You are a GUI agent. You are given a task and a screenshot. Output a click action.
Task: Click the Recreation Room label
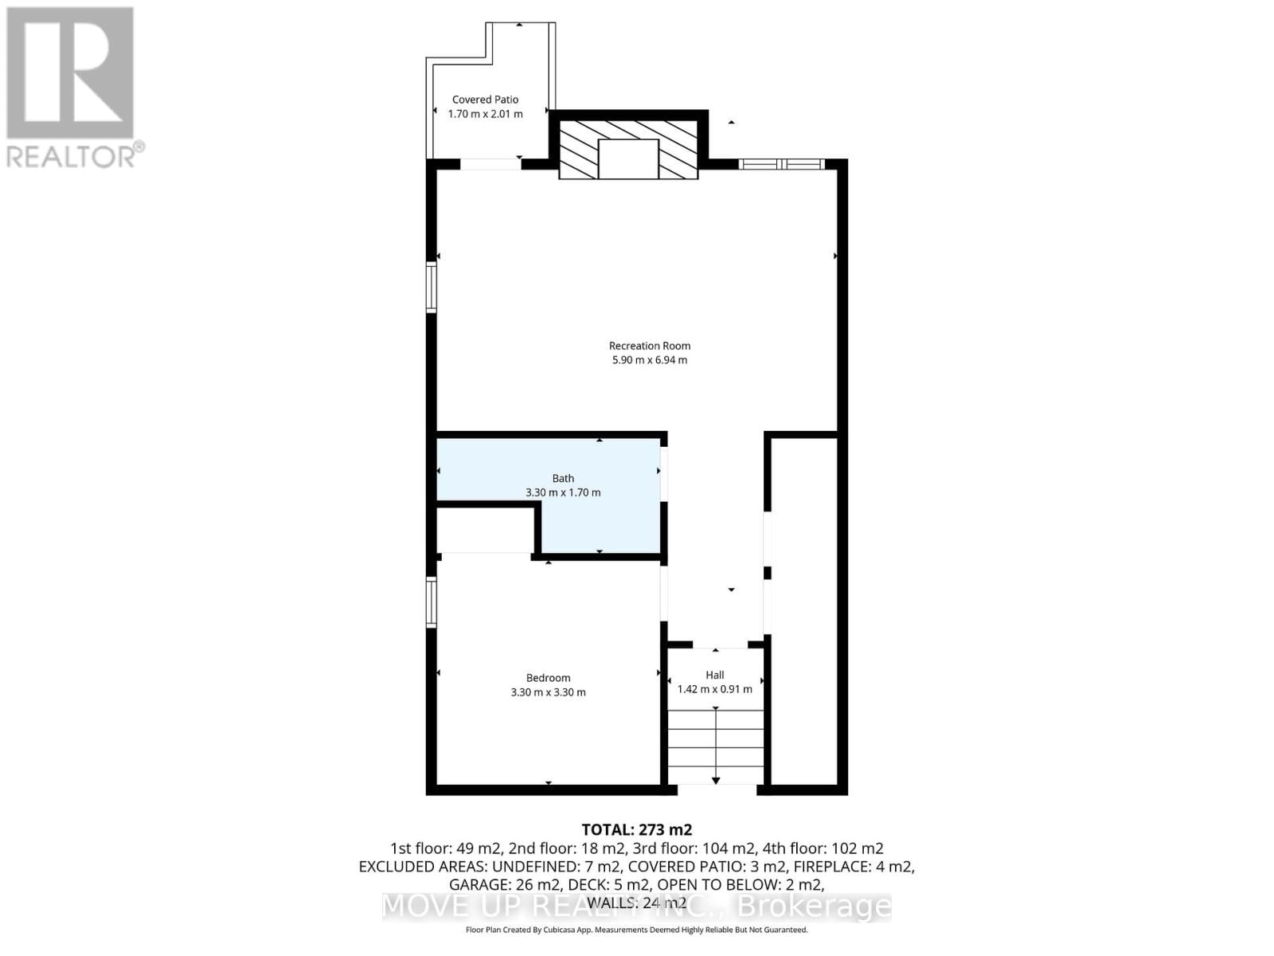(x=650, y=346)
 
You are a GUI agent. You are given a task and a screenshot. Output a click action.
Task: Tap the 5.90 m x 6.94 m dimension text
(x=650, y=360)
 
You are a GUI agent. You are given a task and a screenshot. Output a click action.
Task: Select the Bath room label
(x=563, y=479)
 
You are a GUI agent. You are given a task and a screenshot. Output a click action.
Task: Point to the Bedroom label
(x=548, y=678)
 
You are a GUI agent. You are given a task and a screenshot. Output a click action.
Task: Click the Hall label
(x=715, y=675)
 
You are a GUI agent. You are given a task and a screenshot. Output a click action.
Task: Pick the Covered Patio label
(x=485, y=100)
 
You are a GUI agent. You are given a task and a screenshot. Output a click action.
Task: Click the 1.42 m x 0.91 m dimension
(x=715, y=689)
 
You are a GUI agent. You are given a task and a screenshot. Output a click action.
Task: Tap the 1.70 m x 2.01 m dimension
(x=485, y=114)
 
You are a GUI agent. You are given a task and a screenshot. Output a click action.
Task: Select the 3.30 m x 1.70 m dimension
(x=563, y=493)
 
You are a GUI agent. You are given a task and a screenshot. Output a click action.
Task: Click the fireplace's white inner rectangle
(x=628, y=159)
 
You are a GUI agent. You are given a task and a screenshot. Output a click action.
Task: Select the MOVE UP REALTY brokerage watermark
(x=637, y=907)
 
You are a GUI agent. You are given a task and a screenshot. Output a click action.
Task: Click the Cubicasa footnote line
(x=637, y=930)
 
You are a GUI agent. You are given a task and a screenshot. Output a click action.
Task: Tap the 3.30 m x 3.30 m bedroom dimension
(x=548, y=692)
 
